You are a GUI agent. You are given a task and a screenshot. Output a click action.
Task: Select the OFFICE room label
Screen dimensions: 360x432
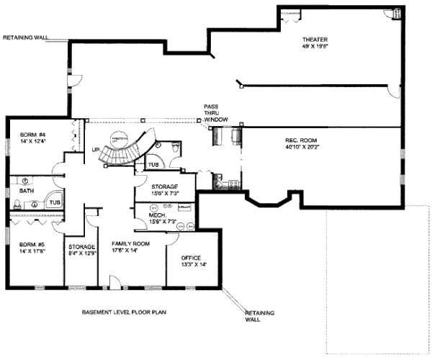191,257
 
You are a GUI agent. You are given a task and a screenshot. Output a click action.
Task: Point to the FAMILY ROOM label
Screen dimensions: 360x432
130,244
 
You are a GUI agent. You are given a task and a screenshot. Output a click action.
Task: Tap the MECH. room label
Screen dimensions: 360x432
158,215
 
